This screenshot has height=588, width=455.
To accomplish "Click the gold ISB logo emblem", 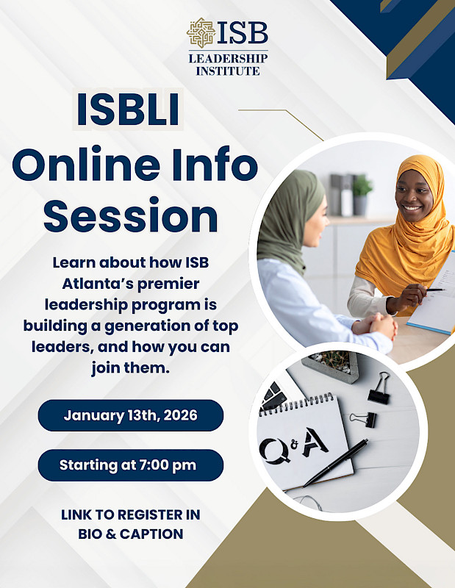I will [x=200, y=33].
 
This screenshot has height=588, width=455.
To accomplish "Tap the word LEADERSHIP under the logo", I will [x=228, y=58].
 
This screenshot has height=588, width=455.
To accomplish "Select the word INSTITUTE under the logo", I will [x=228, y=71].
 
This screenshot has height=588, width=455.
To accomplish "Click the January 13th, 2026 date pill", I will [x=131, y=415].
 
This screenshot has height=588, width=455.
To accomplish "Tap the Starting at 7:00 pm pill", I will [x=131, y=465].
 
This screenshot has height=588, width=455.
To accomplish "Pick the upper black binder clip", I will [x=379, y=387].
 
